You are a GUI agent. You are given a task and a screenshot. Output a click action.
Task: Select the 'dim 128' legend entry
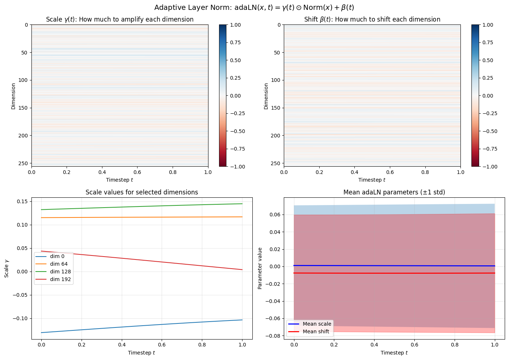(x=60, y=272)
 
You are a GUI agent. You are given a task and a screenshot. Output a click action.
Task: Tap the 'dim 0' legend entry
(x=57, y=256)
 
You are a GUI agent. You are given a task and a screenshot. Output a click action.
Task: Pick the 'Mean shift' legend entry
(x=316, y=331)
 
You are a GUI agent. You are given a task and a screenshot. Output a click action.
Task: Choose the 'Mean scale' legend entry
(x=317, y=324)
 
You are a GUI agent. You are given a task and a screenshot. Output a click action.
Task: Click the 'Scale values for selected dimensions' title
(x=142, y=192)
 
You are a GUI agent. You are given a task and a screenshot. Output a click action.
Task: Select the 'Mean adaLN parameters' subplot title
(x=394, y=192)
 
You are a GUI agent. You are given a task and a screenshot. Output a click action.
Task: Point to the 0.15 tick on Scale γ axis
(x=22, y=201)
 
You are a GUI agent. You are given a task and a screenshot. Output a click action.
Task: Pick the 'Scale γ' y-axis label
(x=7, y=269)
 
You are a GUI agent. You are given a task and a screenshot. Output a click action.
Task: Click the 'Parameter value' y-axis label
(x=260, y=268)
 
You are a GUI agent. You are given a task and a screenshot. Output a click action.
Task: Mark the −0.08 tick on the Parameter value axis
(x=273, y=336)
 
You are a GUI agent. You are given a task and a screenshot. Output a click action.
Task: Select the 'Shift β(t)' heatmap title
(x=372, y=19)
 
